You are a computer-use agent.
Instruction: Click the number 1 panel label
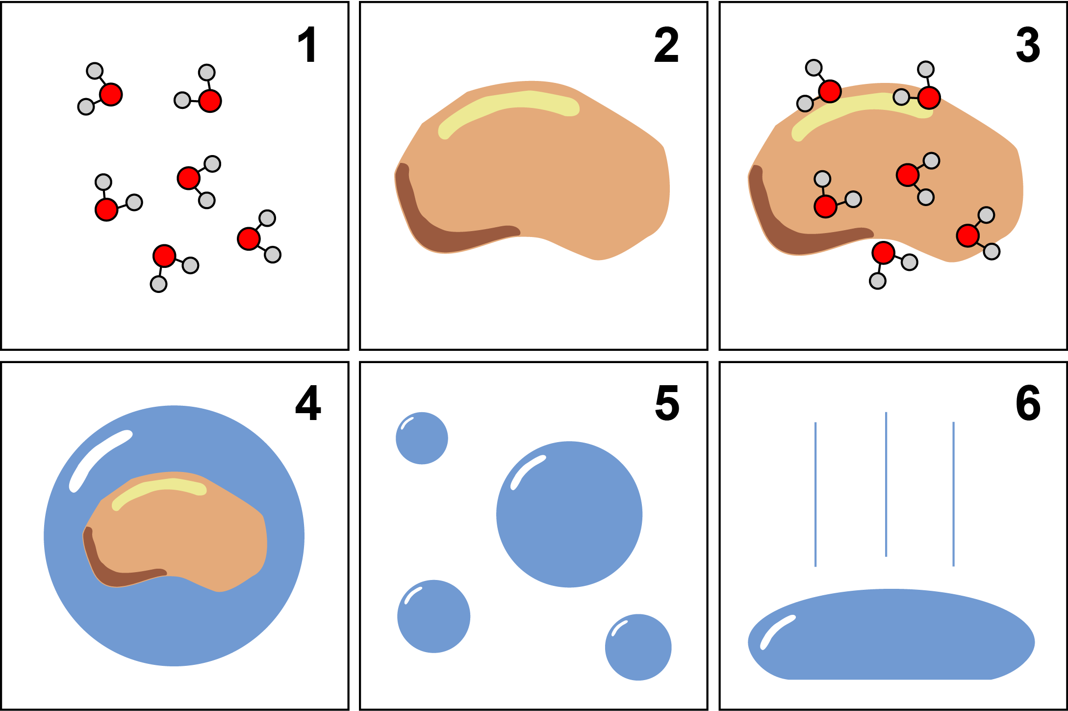click(307, 45)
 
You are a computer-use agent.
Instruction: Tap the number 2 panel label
click(667, 45)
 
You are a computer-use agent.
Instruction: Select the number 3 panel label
click(1028, 45)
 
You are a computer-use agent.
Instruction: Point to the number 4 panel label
click(308, 403)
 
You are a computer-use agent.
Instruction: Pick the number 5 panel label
click(667, 403)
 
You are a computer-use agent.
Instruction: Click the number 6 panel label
click(1028, 403)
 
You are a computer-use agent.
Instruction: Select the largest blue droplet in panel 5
click(569, 514)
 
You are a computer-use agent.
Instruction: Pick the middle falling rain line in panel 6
click(886, 484)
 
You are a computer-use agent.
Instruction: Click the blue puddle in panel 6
click(891, 634)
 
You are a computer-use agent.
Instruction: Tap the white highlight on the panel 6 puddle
click(777, 632)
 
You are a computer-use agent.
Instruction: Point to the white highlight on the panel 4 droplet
click(101, 460)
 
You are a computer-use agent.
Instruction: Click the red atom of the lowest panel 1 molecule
click(164, 256)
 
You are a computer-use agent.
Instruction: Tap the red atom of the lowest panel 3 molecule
click(884, 253)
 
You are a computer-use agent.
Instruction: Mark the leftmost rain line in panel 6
click(815, 494)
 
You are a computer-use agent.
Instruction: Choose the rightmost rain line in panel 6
click(954, 494)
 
